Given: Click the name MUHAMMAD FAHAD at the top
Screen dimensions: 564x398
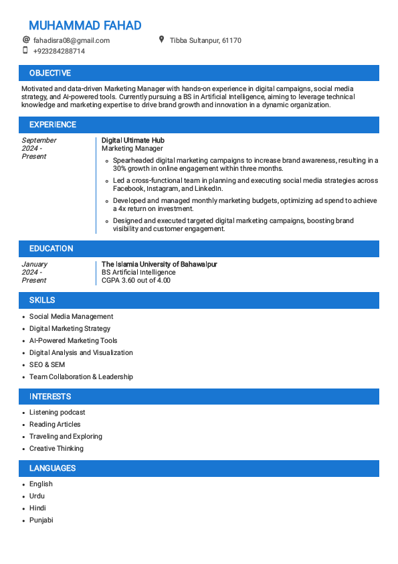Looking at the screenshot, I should [x=85, y=25].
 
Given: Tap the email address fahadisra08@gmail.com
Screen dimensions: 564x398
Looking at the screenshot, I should [x=71, y=40].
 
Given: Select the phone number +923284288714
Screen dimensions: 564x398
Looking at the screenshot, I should [x=59, y=51].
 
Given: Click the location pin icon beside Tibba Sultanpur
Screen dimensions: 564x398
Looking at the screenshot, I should [x=161, y=40].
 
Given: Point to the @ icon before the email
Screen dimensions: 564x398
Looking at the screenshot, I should [x=26, y=40].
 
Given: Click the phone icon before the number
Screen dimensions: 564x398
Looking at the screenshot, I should [x=26, y=50].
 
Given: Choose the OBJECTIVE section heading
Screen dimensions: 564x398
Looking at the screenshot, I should [x=50, y=73].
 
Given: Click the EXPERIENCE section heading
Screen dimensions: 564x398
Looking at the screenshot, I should [x=53, y=125].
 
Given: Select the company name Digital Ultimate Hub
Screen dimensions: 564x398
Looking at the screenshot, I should [x=132, y=140].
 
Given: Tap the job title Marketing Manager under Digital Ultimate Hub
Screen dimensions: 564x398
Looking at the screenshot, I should [x=132, y=148].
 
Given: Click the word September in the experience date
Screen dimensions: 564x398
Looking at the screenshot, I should [x=39, y=140].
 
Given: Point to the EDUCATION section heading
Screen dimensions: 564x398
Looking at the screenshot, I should [x=52, y=249].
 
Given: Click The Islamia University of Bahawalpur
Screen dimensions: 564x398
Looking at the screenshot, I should [x=159, y=264].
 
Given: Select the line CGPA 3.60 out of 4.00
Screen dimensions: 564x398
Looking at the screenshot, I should [x=136, y=280].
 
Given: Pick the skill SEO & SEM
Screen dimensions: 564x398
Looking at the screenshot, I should [x=47, y=364].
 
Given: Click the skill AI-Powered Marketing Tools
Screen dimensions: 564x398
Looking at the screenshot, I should [x=73, y=340].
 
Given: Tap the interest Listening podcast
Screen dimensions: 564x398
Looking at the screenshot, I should [x=57, y=412].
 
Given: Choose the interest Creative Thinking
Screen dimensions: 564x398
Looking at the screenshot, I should [x=56, y=448].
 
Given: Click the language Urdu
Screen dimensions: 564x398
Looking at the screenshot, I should [x=37, y=496].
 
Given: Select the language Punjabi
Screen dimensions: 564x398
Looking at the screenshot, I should [x=41, y=520].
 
